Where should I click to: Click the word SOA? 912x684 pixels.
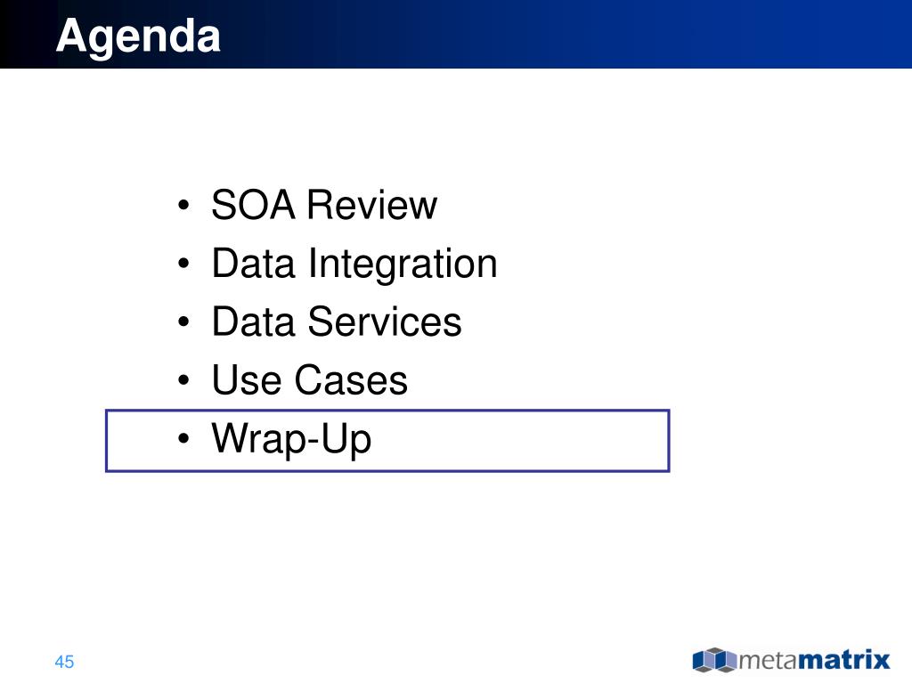click(x=253, y=205)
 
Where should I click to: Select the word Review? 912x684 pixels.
click(x=371, y=205)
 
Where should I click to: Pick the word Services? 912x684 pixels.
click(x=385, y=322)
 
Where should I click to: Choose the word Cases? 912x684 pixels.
click(x=351, y=379)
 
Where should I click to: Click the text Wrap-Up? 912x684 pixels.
click(x=291, y=440)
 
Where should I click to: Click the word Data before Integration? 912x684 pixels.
click(x=253, y=264)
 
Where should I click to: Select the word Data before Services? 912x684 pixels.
click(x=253, y=322)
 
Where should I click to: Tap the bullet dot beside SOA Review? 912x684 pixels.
click(x=183, y=206)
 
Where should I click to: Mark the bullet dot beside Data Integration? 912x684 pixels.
click(x=183, y=264)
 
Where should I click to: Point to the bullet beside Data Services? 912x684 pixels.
click(x=183, y=322)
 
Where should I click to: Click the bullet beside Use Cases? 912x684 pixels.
click(x=183, y=379)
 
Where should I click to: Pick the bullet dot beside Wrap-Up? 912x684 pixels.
click(x=183, y=438)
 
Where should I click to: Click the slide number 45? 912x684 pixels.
click(x=64, y=662)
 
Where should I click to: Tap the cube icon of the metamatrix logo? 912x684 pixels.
click(x=715, y=660)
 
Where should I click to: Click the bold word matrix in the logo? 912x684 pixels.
click(x=844, y=660)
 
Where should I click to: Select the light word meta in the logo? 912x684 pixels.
click(x=768, y=661)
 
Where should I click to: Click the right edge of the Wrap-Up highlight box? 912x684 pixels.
click(x=669, y=441)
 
